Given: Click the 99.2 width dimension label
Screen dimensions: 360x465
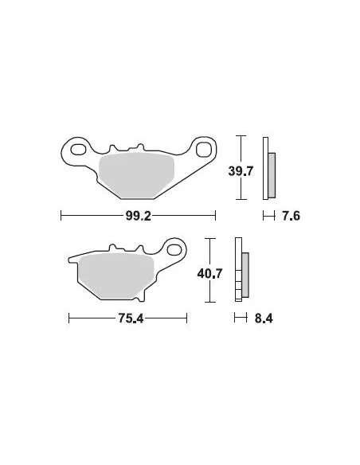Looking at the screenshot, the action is (x=139, y=216).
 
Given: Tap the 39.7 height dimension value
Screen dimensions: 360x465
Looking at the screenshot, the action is (x=241, y=171).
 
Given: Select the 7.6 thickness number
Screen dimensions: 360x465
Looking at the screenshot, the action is (x=291, y=216).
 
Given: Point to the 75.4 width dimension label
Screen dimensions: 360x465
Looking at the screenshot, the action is (x=131, y=318).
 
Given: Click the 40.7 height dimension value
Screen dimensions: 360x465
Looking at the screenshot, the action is (x=209, y=274).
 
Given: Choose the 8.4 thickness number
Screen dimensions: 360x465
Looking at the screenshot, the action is (x=264, y=318).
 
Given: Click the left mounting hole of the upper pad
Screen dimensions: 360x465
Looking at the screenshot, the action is (x=79, y=150).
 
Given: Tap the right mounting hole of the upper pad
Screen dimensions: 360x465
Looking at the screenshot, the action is (x=203, y=149).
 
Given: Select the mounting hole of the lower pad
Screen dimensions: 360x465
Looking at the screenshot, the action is (x=174, y=249).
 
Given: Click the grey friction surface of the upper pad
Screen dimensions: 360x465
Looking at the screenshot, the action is (x=136, y=175).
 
